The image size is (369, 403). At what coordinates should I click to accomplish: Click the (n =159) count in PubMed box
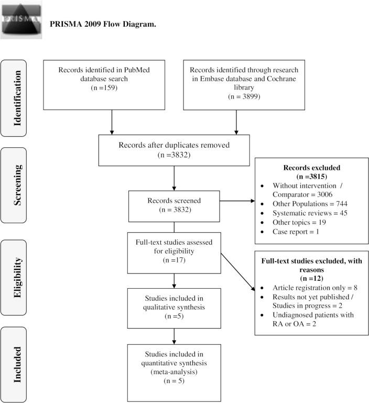point(112,88)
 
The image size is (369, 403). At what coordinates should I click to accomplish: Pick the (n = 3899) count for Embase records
point(236,97)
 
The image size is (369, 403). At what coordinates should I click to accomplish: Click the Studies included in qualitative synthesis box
point(173,305)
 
